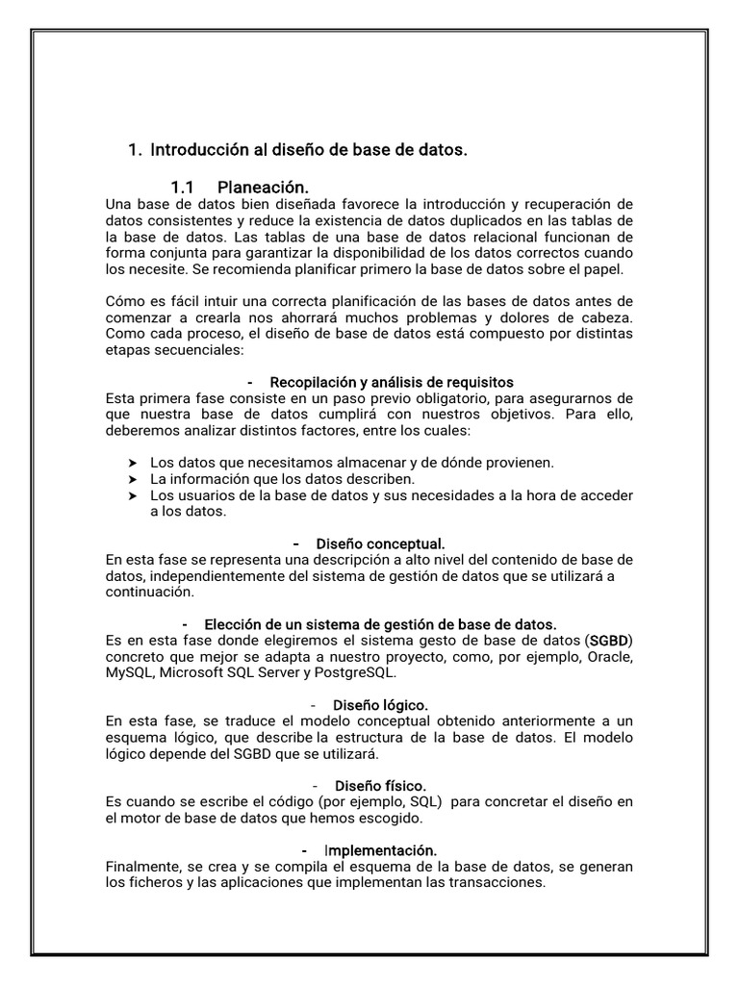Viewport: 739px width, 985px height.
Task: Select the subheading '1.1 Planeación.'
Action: point(240,187)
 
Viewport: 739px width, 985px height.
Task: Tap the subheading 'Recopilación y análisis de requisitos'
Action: point(392,382)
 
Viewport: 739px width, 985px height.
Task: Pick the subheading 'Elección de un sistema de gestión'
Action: point(380,624)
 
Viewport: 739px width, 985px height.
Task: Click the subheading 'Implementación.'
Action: point(380,850)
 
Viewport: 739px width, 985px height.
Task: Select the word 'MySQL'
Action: point(129,672)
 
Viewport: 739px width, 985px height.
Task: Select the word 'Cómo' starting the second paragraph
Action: point(123,301)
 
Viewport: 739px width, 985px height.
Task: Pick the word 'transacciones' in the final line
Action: point(499,883)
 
